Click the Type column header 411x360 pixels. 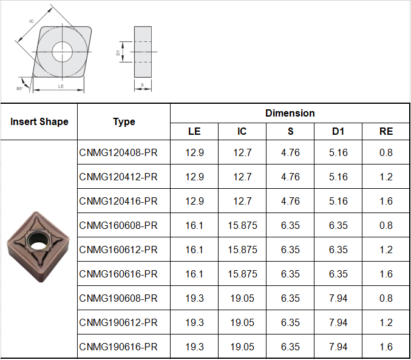coord(124,121)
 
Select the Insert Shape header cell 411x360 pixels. coord(39,121)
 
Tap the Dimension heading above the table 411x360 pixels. coord(290,114)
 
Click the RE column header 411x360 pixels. coord(386,131)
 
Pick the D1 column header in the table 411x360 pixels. coord(338,131)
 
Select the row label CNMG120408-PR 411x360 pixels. coord(118,152)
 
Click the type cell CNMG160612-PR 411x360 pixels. coord(118,250)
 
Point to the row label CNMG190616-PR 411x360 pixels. coord(118,347)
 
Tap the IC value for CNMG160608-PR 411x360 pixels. coord(242,225)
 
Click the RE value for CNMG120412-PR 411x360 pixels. coord(386,177)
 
